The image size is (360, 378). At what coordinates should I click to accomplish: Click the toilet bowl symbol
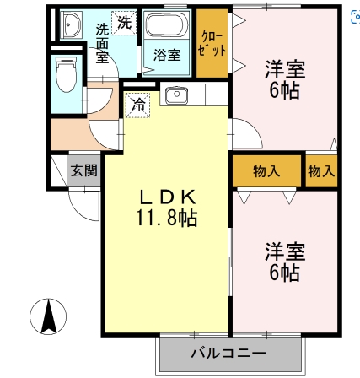pos(67,74)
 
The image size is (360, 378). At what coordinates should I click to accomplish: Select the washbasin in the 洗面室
pos(70,24)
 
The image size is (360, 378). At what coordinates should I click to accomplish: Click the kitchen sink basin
pos(176,95)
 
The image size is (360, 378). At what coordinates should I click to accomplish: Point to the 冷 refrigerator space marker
pos(137,105)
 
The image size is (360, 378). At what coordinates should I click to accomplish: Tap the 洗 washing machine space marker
pos(124,23)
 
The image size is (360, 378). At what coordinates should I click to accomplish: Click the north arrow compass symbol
pos(48,316)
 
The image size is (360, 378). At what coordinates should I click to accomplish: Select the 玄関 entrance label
pos(84,170)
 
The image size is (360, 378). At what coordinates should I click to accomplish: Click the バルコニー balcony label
pos(228,353)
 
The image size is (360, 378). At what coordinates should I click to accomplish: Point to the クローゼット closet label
pos(212,44)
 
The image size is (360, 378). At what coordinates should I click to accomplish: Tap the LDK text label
pos(168,197)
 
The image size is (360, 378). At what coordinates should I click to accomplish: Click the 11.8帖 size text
pos(167,218)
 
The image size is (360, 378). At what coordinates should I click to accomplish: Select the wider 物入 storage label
pos(266,171)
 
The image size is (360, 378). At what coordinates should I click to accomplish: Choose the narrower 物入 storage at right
pos(321,171)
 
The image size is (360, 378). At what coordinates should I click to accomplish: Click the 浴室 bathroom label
pos(167,55)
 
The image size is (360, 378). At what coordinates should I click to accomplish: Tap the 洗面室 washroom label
pos(102,43)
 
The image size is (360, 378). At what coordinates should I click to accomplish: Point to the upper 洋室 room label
pos(285,69)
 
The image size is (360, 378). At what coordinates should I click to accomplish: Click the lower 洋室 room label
pos(285,251)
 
